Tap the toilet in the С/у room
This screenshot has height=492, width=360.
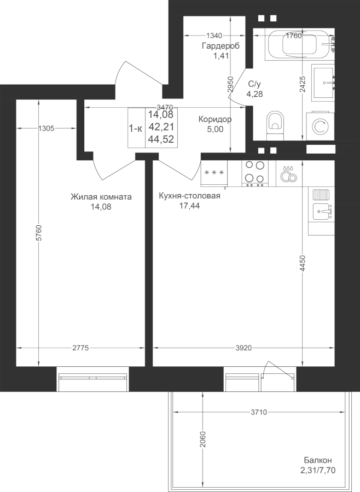(275, 125)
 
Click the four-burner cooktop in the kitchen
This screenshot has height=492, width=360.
(255, 173)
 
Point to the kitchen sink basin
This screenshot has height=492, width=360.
(321, 212)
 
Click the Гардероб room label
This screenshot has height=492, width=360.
(220, 46)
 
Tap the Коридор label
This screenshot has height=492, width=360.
(215, 119)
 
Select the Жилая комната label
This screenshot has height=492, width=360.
(101, 197)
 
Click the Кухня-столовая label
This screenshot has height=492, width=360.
(189, 196)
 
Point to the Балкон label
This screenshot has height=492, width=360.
(317, 460)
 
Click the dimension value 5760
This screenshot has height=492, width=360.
(39, 232)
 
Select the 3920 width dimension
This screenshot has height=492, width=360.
(243, 348)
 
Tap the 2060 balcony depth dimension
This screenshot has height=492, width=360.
(202, 440)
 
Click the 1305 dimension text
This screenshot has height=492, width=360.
(46, 128)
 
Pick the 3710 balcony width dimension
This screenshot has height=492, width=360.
(259, 412)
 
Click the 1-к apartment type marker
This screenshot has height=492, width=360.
(136, 128)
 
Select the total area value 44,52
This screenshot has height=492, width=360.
(161, 139)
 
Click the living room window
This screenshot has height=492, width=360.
(92, 379)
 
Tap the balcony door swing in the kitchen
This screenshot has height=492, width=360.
(278, 370)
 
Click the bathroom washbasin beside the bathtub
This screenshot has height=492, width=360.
(323, 83)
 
